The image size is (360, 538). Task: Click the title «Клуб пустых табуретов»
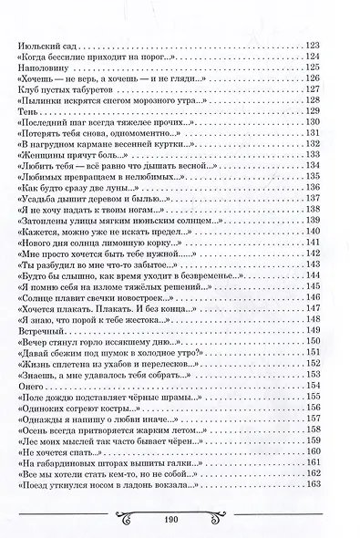point(58,90)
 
